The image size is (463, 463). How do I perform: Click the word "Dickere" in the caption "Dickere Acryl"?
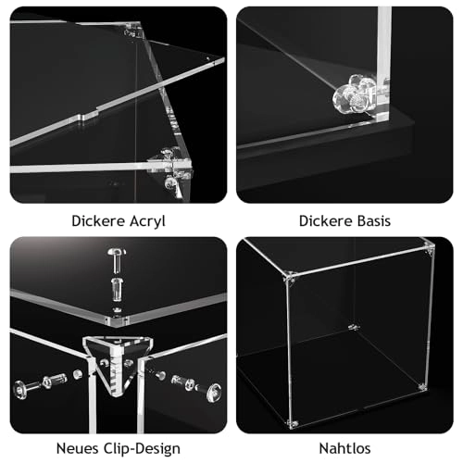click(x=95, y=221)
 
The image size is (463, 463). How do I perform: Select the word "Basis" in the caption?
click(x=371, y=221)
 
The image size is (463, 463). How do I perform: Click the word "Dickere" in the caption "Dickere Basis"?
click(x=323, y=221)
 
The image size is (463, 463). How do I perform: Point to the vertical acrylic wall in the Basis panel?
click(x=382, y=65)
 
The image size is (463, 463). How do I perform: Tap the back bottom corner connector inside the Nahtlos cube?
click(x=351, y=326)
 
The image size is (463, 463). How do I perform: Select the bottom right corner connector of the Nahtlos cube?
click(x=422, y=386)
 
